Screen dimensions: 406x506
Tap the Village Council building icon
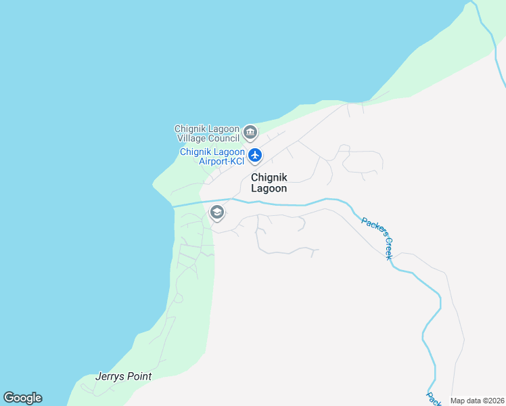tap(250, 132)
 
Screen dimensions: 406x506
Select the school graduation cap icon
tap(217, 213)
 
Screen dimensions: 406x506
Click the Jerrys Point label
tap(123, 376)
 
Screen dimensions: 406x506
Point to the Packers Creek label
tap(377, 238)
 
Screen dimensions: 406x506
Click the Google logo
tap(22, 398)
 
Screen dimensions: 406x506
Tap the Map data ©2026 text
tap(476, 401)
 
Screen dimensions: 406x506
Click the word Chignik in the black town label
tap(269, 177)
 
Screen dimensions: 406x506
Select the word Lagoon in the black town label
tap(269, 189)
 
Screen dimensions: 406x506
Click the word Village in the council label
tap(191, 138)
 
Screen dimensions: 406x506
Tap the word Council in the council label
tap(223, 138)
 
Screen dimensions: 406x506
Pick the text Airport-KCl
tap(221, 161)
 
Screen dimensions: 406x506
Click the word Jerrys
tap(110, 376)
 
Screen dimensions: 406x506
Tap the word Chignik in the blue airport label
tap(195, 152)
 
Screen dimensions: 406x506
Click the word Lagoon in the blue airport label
tap(229, 152)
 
